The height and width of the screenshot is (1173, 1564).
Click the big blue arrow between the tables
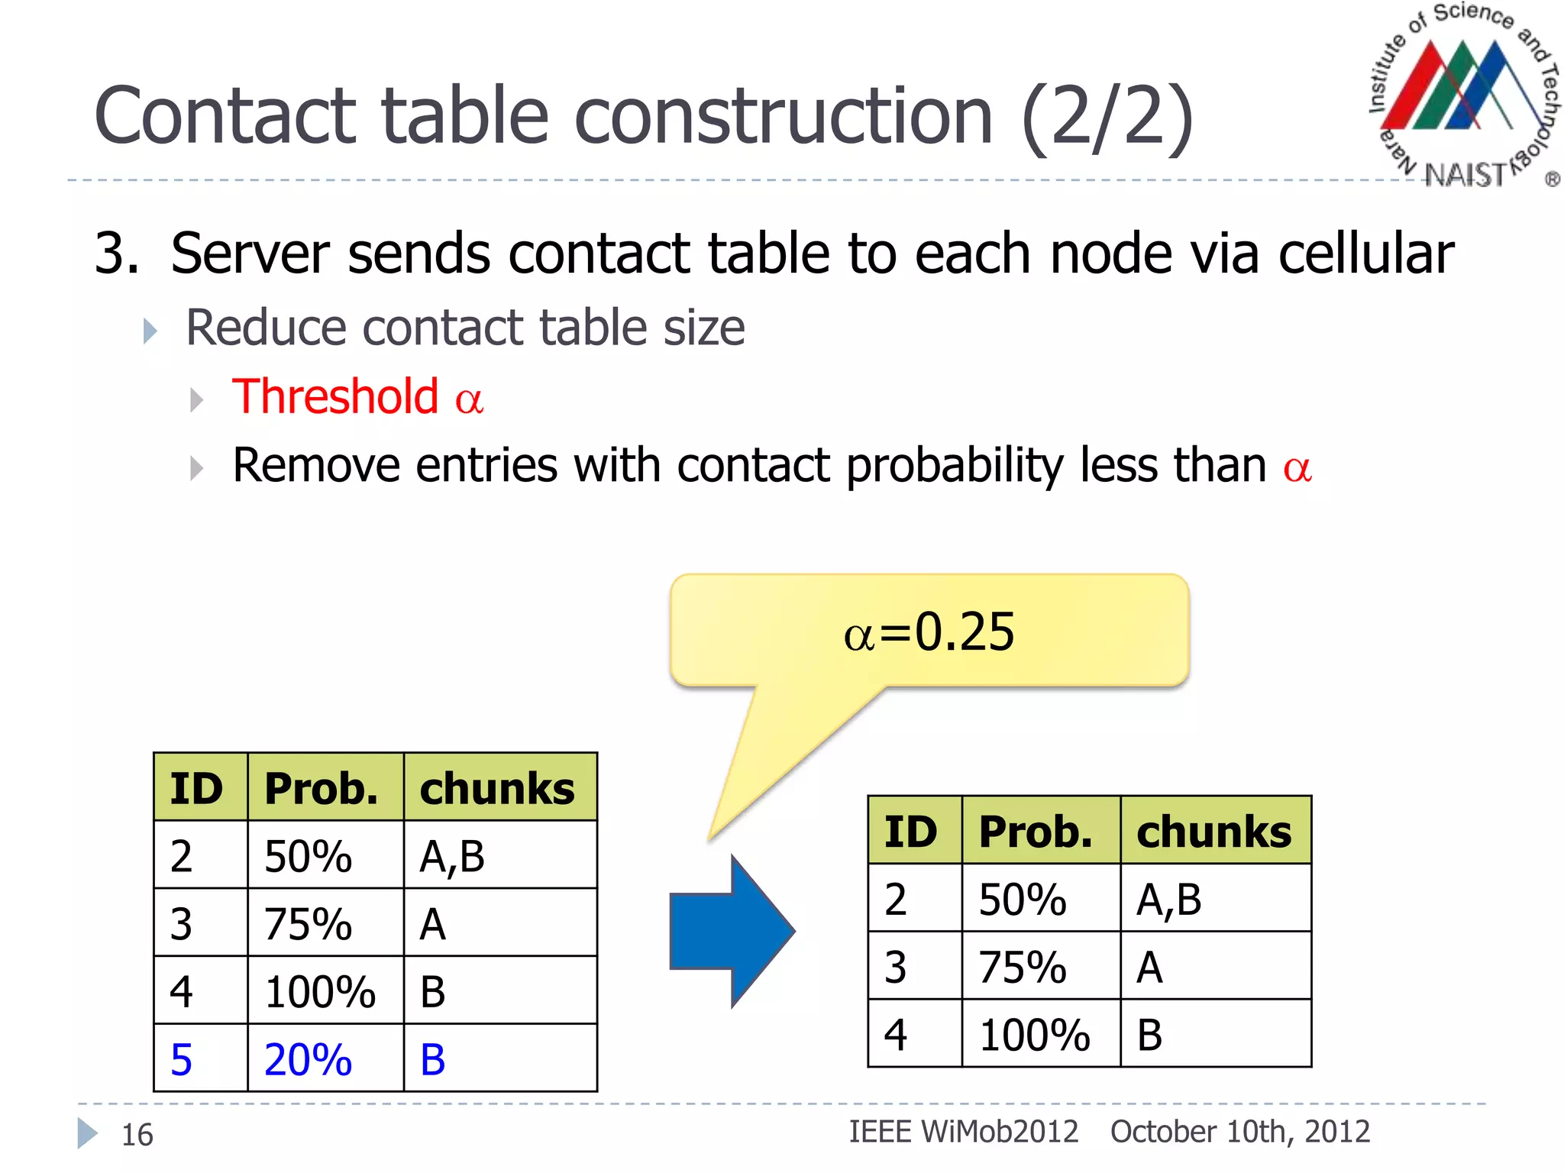tap(732, 931)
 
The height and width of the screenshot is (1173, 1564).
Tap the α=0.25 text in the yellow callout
tap(929, 632)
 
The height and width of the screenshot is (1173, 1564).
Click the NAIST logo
tap(1463, 95)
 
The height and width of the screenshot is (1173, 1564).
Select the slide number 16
tap(137, 1135)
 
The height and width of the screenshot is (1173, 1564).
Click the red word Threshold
tap(335, 396)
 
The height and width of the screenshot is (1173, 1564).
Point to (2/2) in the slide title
tap(1107, 116)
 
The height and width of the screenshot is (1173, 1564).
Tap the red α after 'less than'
tap(1297, 467)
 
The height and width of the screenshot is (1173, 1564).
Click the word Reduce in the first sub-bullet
tap(267, 328)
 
